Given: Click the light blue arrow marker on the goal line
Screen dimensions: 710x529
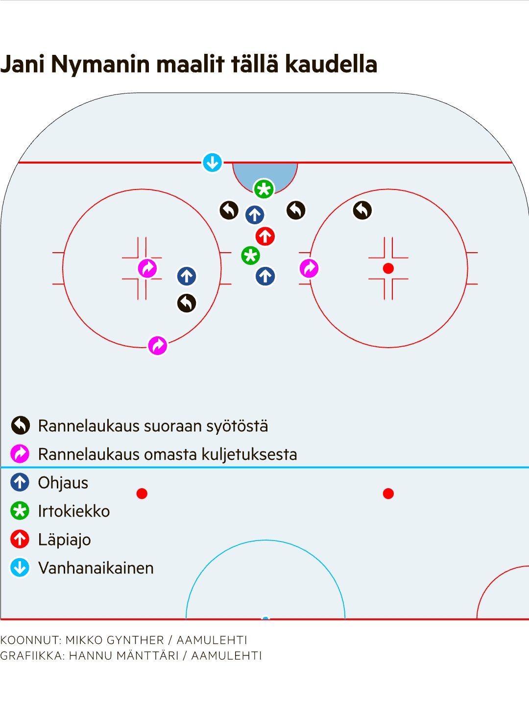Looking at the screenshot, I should pos(212,163).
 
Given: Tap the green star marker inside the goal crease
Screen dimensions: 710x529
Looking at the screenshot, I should pos(264,189).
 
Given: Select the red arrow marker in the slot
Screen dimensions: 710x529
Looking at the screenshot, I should pos(265,237).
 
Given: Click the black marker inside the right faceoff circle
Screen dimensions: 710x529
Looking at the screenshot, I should pos(362,211).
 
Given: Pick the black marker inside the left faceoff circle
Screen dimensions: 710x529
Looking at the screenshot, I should pos(187,303).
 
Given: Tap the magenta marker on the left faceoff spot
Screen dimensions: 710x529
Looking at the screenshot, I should pos(147,268).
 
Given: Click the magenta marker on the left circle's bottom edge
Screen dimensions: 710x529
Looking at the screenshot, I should pos(158,346).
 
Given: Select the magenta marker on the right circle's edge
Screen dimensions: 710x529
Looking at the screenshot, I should pos(309,268).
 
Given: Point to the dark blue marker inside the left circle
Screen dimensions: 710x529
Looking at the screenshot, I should pos(187,276).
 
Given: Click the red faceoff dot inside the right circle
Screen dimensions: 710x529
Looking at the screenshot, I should pos(388,268).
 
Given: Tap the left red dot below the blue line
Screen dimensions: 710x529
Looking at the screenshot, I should pos(142,494).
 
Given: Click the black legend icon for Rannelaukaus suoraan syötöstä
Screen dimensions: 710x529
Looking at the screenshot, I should pos(21,426).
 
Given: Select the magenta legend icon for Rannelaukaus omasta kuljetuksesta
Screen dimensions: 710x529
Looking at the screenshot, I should pos(21,454).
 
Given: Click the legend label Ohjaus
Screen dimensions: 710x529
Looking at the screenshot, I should pos(63,483).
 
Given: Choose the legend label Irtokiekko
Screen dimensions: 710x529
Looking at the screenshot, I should pos(74,511).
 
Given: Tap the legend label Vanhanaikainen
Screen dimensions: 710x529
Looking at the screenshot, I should pos(96,568).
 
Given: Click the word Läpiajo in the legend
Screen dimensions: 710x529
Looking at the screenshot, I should pos(65,540).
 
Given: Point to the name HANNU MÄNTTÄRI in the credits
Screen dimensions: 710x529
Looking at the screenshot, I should pos(124,656).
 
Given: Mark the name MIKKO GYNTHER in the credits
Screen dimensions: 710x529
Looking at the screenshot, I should pos(115,640).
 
